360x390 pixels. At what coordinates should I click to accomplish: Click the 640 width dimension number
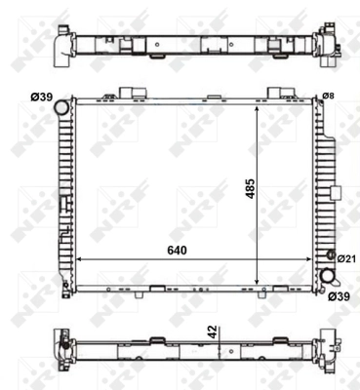coord(176,250)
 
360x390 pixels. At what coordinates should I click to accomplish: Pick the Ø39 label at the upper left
coord(41,96)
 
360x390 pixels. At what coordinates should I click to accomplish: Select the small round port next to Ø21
coord(330,257)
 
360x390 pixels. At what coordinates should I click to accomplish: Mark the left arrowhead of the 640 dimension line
coord(80,259)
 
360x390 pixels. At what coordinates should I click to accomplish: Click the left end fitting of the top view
coord(64,44)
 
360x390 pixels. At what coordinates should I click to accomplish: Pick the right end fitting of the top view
coord(325,44)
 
